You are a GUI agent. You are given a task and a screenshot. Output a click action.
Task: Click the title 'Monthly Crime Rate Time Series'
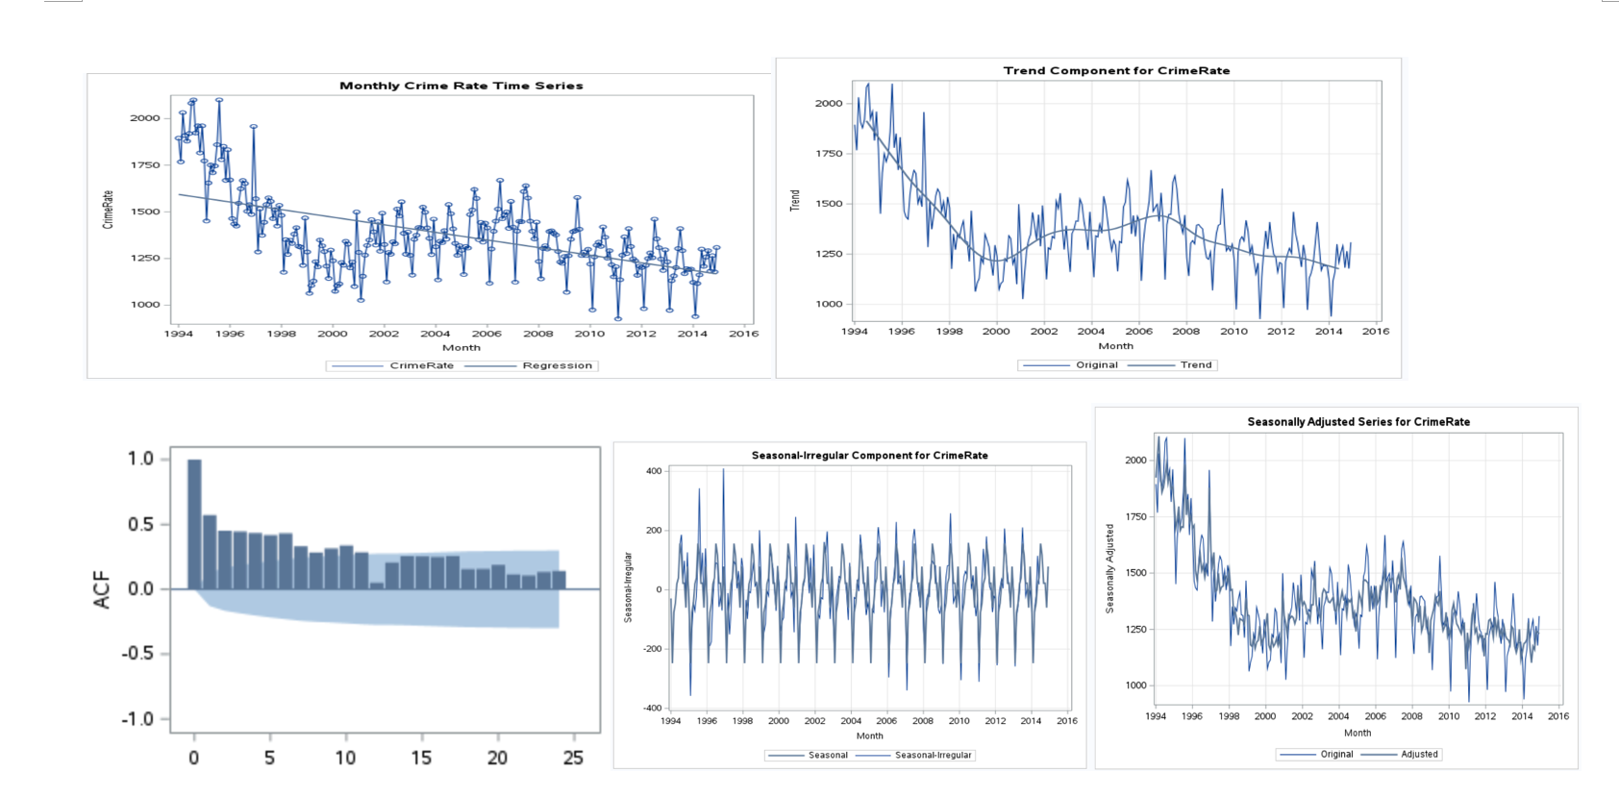pos(461,86)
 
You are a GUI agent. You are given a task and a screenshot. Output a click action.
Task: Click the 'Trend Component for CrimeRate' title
pos(1116,70)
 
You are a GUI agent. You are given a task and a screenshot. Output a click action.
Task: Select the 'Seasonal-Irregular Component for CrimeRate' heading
pos(869,455)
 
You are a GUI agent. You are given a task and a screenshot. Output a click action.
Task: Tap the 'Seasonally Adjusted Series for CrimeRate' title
pos(1357,421)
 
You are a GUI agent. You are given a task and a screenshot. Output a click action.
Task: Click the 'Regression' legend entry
pos(557,365)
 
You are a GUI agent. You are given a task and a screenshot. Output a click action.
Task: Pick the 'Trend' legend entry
pos(1195,364)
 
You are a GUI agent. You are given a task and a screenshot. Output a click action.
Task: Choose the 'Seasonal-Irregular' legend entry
pos(933,755)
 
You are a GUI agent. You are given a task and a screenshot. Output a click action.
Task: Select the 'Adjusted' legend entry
pos(1419,754)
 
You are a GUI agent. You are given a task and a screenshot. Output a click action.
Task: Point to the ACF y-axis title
pos(102,589)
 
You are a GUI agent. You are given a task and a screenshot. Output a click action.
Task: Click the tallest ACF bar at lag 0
pos(194,524)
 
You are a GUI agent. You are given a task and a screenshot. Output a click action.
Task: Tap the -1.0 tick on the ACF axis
pos(140,719)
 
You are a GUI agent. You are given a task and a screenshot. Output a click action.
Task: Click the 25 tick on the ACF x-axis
pos(573,758)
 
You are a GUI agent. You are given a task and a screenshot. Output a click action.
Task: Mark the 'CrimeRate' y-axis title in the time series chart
pos(108,209)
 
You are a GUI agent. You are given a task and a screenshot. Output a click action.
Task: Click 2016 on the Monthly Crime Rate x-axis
pos(743,334)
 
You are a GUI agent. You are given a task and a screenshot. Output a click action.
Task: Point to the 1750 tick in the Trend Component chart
pos(829,153)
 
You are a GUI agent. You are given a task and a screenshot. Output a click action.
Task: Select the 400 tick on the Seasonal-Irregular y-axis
pos(654,471)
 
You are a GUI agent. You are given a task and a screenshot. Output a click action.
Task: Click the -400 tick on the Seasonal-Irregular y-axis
pos(652,709)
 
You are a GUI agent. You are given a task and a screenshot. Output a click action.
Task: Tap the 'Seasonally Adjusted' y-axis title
pos(1109,568)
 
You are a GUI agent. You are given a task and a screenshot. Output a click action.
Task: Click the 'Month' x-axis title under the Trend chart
pos(1115,346)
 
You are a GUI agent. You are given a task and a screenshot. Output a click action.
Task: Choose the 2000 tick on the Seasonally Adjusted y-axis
pos(1135,460)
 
